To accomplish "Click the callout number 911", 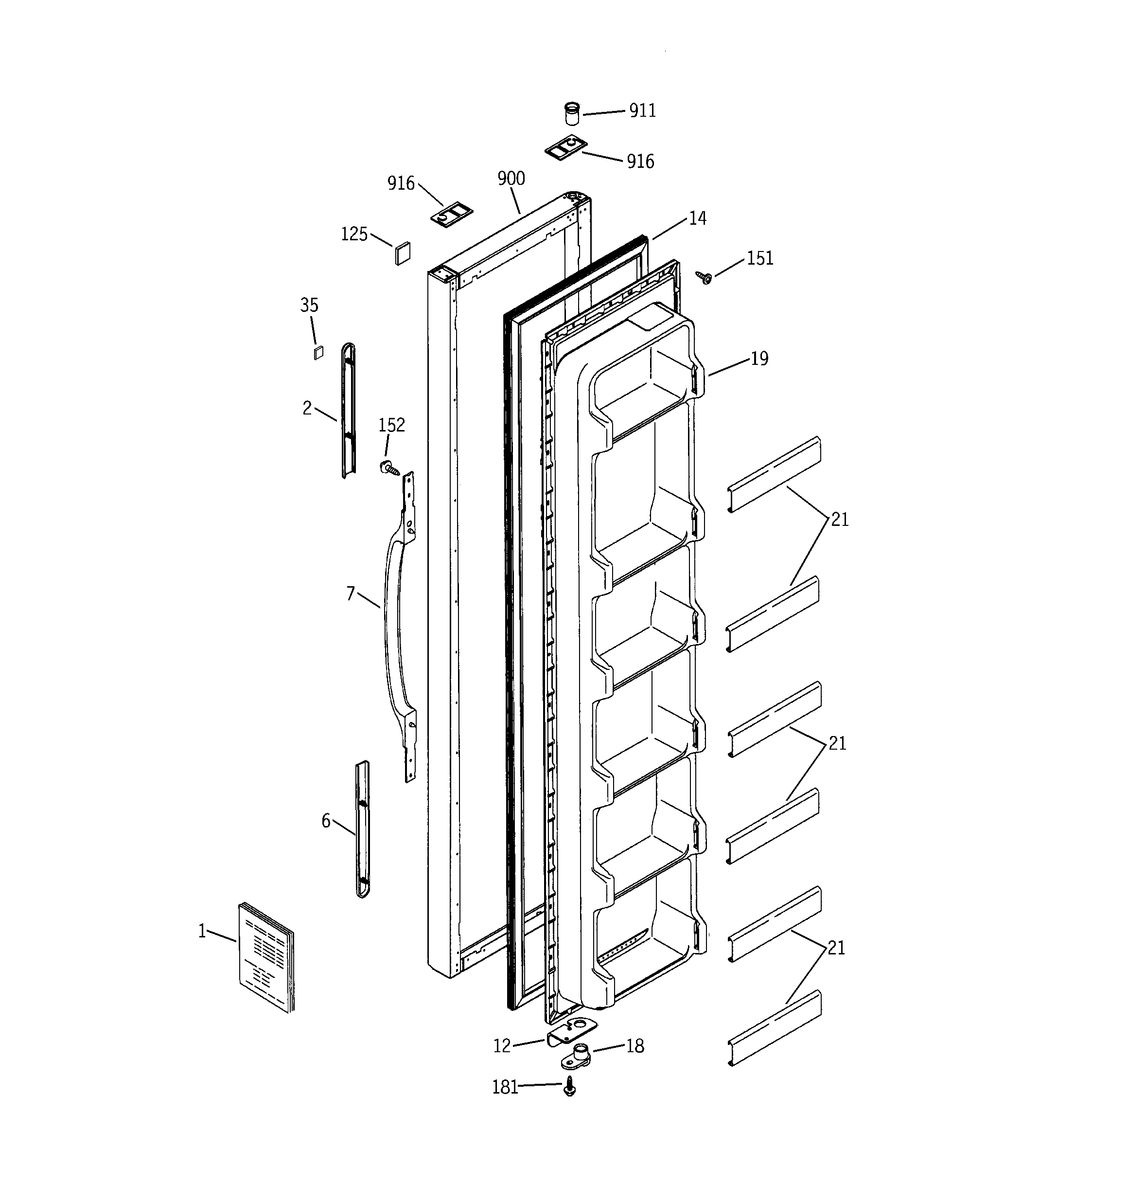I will tap(642, 110).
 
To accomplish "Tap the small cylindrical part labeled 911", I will tap(572, 113).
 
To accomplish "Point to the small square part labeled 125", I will tap(403, 252).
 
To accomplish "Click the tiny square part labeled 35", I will tap(318, 353).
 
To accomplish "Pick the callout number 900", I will tap(511, 178).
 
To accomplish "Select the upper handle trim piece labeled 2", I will tap(348, 411).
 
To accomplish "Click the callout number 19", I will tap(759, 359).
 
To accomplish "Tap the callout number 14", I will tap(698, 218).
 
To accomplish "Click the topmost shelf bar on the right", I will tap(774, 474).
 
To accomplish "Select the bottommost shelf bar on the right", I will tap(774, 1028).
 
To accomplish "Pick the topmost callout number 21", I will tap(839, 519).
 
